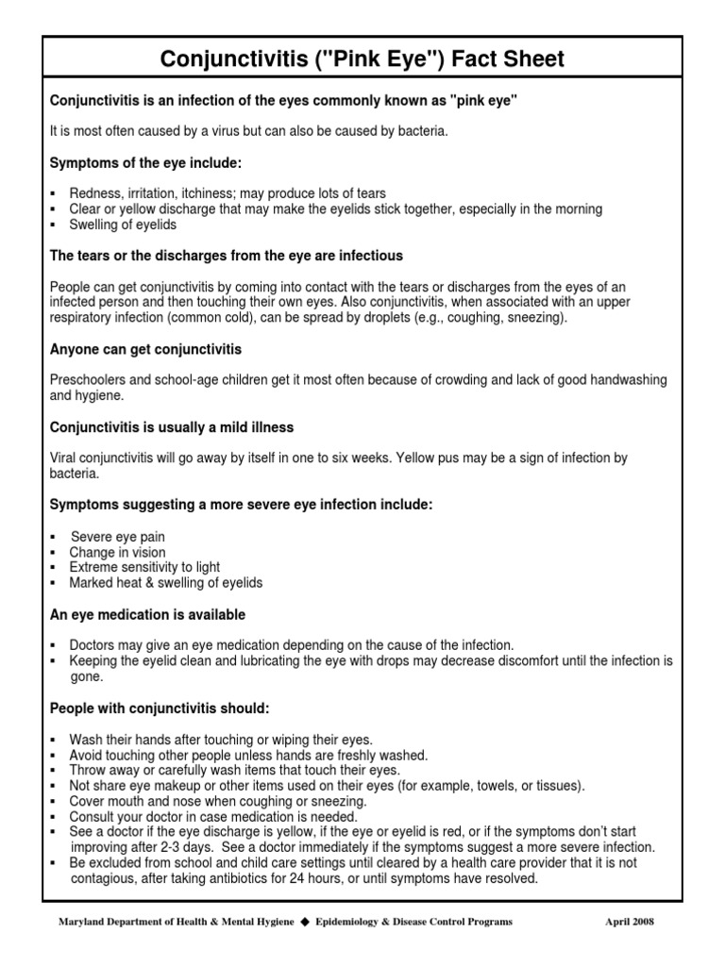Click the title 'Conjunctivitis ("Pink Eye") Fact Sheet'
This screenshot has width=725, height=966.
tap(362, 60)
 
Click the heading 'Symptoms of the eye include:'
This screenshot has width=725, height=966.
tap(145, 163)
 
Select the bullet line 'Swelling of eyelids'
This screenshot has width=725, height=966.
tap(123, 225)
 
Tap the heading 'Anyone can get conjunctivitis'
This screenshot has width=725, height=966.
tap(145, 350)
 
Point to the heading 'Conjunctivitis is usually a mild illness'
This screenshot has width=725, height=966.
tap(172, 427)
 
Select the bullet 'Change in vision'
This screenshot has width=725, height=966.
tap(117, 552)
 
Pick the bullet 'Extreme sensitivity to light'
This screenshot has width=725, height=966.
tap(144, 567)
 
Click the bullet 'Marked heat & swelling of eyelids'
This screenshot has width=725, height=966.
tap(166, 583)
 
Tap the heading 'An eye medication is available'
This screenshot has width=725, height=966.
tap(147, 614)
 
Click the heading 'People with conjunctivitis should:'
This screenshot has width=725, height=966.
tap(160, 708)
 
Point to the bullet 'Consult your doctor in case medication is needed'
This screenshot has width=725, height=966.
tap(213, 816)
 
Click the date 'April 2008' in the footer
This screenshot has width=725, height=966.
tap(630, 922)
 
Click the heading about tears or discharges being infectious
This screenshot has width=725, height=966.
tap(226, 256)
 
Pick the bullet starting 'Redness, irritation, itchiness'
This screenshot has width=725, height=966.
tap(228, 193)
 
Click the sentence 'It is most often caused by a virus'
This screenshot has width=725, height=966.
tap(248, 131)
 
